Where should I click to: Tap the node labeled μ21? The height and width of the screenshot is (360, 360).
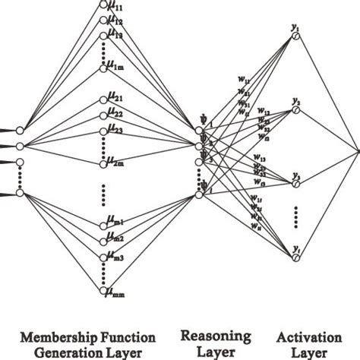tap(103, 99)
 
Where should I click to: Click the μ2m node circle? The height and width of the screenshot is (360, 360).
tap(103, 163)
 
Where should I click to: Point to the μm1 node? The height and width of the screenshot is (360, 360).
tap(103, 224)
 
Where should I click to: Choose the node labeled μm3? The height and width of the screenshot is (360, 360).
tap(103, 257)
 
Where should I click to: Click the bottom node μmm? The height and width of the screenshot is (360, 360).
tap(103, 289)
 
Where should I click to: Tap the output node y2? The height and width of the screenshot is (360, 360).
tap(295, 110)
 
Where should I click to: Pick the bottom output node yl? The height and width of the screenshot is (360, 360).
tap(295, 258)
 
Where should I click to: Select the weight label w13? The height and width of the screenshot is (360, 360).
tap(260, 160)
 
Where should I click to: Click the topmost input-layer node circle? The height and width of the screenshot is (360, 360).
tap(21, 131)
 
